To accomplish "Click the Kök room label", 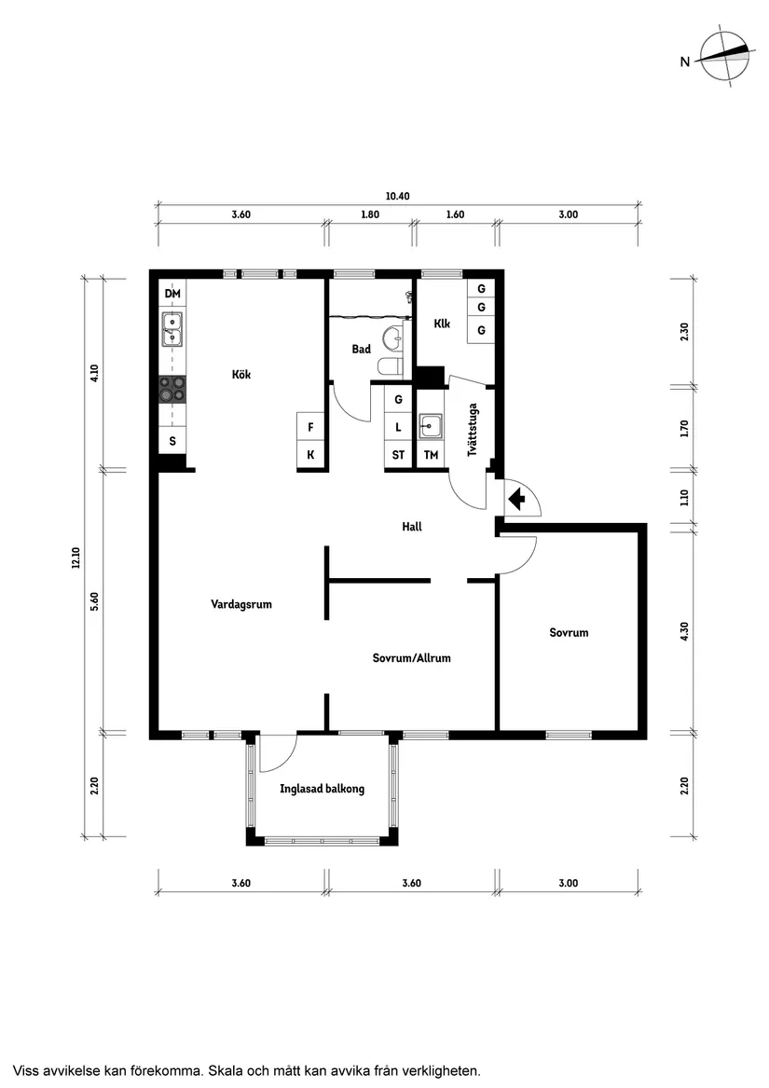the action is [x=240, y=375].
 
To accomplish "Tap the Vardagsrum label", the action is [x=241, y=604].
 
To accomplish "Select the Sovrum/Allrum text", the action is [x=412, y=658].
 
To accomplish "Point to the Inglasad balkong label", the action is [x=322, y=789].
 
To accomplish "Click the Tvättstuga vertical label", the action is [x=473, y=430].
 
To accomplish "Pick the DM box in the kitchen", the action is [x=172, y=294].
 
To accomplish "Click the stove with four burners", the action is [x=172, y=389].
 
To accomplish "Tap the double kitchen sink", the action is [x=172, y=329].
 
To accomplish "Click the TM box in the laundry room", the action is [x=431, y=455].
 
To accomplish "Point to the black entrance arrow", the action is [x=516, y=499].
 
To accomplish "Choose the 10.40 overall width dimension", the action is [x=398, y=197].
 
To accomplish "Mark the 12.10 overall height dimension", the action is [x=76, y=558].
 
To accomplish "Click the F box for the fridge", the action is [x=311, y=427].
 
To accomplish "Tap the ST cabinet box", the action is [x=398, y=455].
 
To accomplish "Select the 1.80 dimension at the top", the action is [x=370, y=214].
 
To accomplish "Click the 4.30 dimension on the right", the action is [x=684, y=631].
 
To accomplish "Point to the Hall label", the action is [x=412, y=527].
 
